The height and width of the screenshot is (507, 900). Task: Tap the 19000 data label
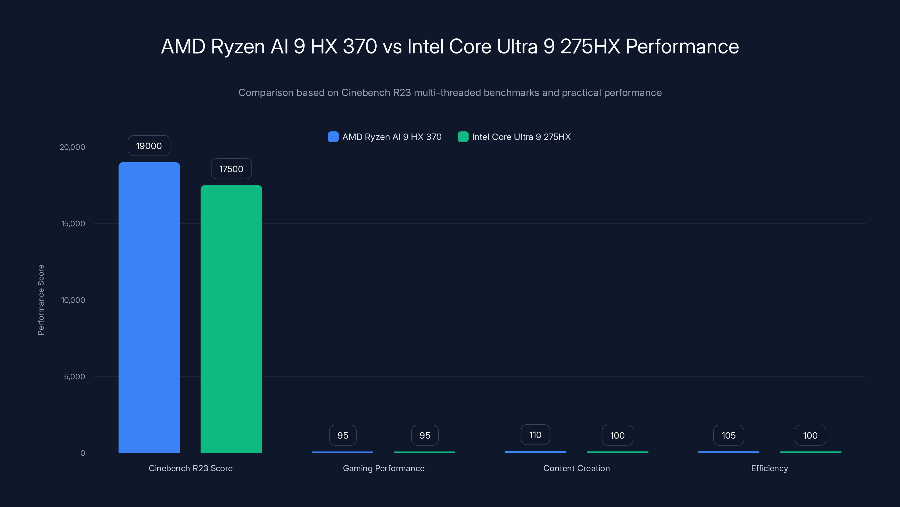tap(149, 146)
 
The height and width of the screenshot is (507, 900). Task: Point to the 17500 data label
tap(231, 169)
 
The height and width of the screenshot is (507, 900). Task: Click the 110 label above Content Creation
tap(535, 435)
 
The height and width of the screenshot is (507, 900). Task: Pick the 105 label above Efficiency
tap(728, 435)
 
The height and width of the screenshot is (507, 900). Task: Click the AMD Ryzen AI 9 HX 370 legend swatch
tap(333, 137)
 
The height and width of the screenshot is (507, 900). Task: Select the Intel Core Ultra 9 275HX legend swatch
tap(463, 137)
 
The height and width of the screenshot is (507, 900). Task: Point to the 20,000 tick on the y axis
tap(72, 147)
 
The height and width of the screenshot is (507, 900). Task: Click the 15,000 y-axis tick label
tap(73, 224)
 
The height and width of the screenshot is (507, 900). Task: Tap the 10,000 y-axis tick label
tap(73, 300)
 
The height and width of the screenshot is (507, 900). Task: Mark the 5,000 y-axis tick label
tap(75, 377)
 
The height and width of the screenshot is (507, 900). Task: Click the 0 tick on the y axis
tap(83, 453)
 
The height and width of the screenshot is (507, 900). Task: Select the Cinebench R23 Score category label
tap(190, 468)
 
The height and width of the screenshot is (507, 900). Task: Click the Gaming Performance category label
tap(384, 468)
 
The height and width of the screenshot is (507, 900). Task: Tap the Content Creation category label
tap(577, 468)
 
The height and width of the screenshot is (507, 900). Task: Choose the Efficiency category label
tap(769, 468)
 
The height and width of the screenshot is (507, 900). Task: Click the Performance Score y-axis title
tap(41, 300)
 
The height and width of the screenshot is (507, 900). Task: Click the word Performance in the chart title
tap(682, 46)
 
